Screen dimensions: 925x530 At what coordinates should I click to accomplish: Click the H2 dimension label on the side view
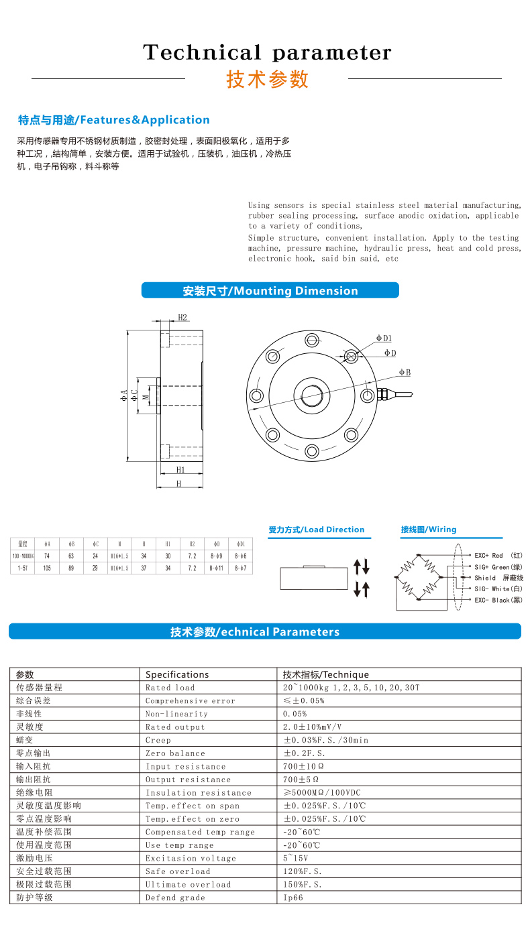pos(182,317)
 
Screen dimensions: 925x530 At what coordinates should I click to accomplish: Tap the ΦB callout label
pos(405,372)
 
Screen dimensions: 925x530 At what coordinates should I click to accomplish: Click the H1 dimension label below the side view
pos(180,470)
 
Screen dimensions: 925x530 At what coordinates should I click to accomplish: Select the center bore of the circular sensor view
pos(311,395)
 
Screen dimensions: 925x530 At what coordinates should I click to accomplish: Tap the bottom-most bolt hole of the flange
pos(311,450)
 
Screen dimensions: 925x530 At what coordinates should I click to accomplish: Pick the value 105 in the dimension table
pos(47,568)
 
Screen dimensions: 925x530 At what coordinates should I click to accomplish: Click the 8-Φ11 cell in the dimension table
pos(216,568)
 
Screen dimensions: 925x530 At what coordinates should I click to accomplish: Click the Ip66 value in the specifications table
pos(293,898)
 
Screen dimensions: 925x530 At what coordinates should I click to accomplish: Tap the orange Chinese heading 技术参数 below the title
pos(268,79)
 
